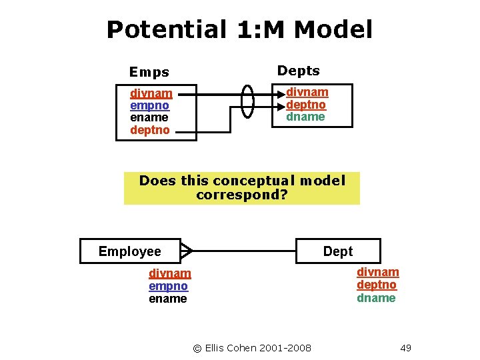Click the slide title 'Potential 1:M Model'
point(239,29)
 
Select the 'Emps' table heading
point(149,72)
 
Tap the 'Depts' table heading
point(298,71)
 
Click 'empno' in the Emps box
point(149,105)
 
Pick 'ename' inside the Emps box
point(149,117)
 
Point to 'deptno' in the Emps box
point(149,130)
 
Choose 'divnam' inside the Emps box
point(151,93)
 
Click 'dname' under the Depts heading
point(305,117)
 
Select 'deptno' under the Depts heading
point(306,105)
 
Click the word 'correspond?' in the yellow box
point(241,195)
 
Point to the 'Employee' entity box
point(130,251)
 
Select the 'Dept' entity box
point(338,251)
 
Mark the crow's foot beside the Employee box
point(187,251)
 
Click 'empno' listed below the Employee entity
point(168,286)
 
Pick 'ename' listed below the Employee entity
point(168,299)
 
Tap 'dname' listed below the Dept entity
point(376,298)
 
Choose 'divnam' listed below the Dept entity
point(378,272)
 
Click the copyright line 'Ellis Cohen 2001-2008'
point(252,347)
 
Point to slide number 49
point(406,347)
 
